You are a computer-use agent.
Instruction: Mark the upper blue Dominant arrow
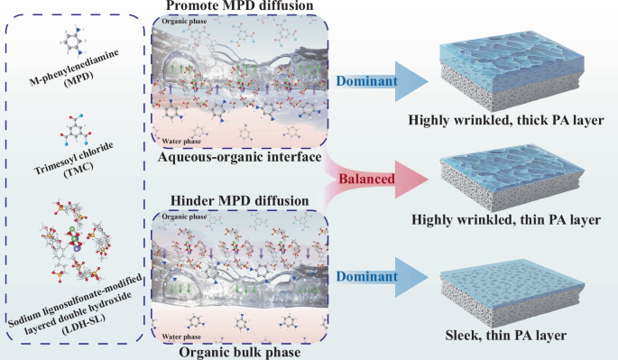[371, 83]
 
